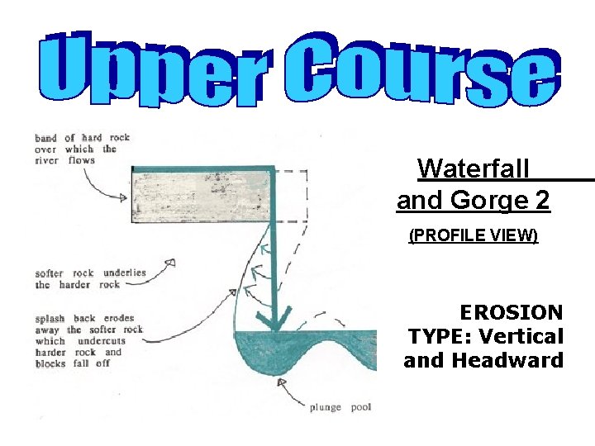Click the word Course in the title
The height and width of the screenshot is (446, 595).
pos(429,69)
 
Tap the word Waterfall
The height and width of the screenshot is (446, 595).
pos(473,168)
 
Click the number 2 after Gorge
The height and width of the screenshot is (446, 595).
pos(542,201)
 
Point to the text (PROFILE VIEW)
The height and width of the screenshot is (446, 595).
pos(474,237)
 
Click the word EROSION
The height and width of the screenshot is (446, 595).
pos(511,313)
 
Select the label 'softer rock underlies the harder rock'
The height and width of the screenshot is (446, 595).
pos(90,278)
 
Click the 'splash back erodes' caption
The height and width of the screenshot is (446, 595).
pos(84,318)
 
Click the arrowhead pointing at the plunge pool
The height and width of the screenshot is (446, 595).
pos(282,382)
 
